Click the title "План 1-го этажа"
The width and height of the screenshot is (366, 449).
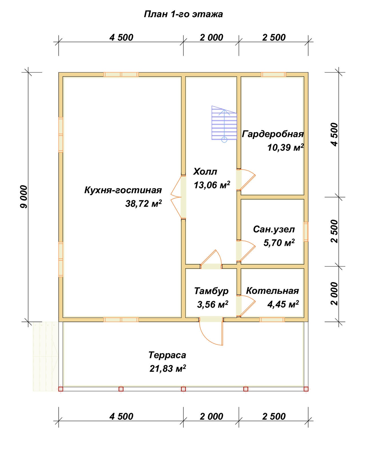click(x=183, y=14)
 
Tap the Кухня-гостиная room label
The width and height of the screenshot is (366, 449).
click(x=123, y=190)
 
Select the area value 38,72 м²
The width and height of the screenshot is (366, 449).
click(x=144, y=203)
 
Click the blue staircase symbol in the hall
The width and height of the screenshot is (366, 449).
click(x=224, y=123)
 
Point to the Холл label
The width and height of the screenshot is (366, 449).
click(x=205, y=171)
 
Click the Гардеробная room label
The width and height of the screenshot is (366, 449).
click(x=272, y=134)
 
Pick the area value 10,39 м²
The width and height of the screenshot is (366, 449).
click(x=285, y=148)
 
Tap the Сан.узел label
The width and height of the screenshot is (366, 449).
click(x=274, y=229)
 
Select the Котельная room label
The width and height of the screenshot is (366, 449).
click(x=272, y=291)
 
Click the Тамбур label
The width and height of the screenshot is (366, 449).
click(x=211, y=291)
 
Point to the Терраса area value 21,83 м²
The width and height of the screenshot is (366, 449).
click(x=168, y=369)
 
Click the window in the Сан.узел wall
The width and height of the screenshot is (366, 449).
click(x=306, y=232)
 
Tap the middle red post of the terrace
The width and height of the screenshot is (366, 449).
click(x=183, y=389)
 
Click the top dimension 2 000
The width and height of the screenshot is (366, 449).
click(x=211, y=37)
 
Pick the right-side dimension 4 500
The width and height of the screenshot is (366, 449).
click(x=334, y=134)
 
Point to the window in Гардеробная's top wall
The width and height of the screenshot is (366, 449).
click(x=273, y=75)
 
